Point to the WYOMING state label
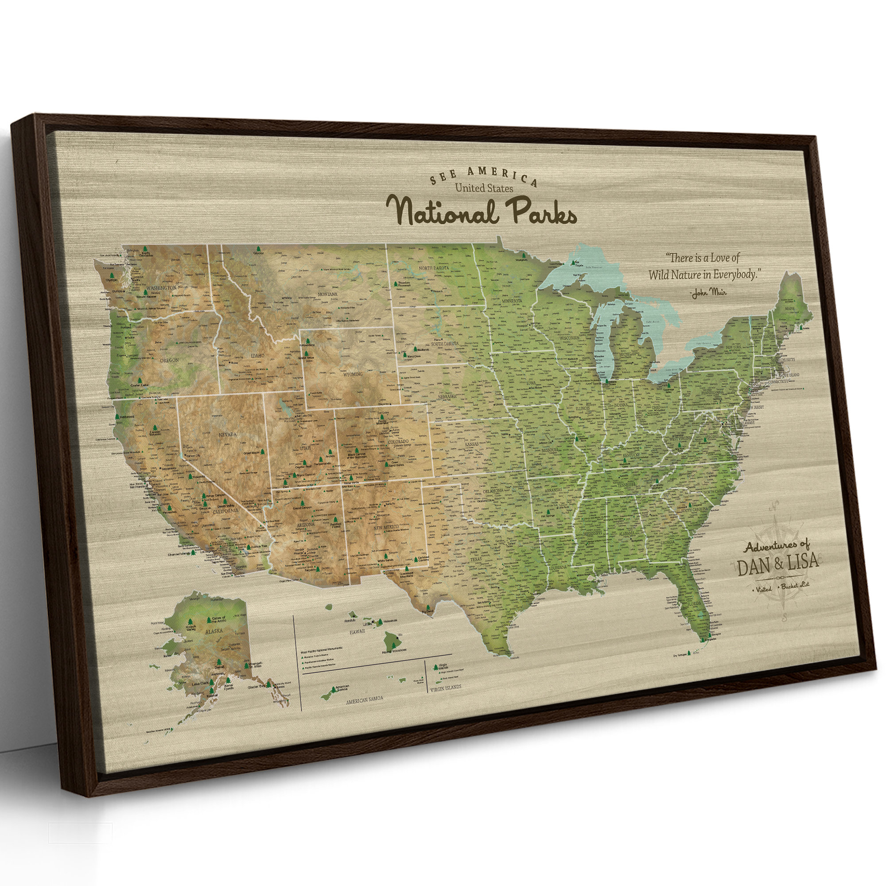point(353,374)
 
